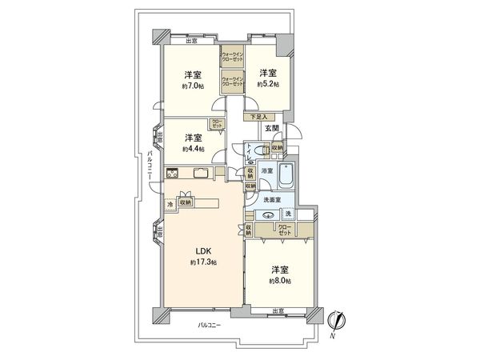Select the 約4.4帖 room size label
click(x=192, y=149)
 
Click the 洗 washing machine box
click(x=288, y=214)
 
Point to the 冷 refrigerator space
click(x=170, y=205)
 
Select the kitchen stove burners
click(x=172, y=174)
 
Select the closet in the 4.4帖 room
click(x=217, y=124)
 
